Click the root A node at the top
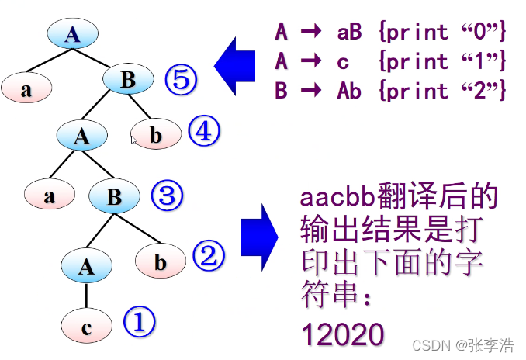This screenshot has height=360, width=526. [x=72, y=33]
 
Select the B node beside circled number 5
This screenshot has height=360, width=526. [x=129, y=79]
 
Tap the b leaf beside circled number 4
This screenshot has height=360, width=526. [x=155, y=136]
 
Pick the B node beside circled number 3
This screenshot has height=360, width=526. [x=114, y=197]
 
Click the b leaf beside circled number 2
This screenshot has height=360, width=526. [x=160, y=262]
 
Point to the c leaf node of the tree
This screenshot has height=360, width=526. [x=86, y=327]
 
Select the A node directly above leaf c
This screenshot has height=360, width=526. [x=86, y=267]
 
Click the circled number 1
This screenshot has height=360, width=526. [x=140, y=321]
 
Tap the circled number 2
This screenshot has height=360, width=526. [x=208, y=255]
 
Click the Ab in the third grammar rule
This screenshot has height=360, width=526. [x=349, y=90]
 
